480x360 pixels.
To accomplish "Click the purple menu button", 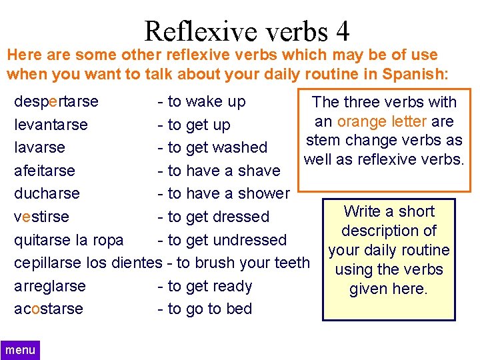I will (20, 350).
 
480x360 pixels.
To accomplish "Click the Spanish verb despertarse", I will (56, 102).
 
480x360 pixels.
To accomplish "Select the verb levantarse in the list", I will (51, 125).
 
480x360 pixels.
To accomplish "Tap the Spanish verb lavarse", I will (39, 147).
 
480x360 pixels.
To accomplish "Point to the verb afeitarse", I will (45, 171).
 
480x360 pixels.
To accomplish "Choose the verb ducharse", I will (47, 193).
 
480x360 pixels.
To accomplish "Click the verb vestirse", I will (41, 217).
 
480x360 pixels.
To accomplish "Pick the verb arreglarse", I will (50, 286).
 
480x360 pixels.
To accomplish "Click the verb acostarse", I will (49, 309).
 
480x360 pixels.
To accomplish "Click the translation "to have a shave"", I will (223, 171).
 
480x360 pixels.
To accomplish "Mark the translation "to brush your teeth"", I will (244, 263).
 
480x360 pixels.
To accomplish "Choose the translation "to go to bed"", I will (209, 309).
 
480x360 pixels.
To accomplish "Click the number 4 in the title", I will (343, 31).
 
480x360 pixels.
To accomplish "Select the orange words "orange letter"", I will (381, 121).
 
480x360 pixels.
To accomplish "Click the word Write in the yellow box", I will (365, 211).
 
